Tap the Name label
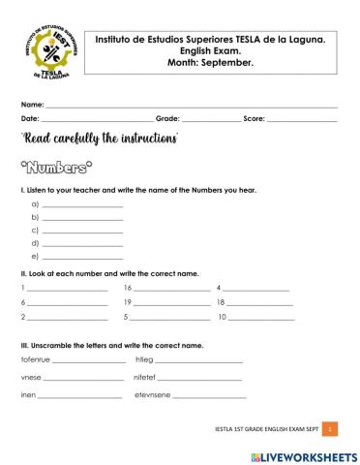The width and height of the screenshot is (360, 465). [32, 104]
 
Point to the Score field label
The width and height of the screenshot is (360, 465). [254, 118]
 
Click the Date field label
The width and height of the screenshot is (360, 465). [30, 118]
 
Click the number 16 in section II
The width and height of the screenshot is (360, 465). [128, 288]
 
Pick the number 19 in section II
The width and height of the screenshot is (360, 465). [128, 302]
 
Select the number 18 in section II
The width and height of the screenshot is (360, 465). [222, 302]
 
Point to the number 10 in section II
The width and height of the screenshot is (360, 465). [222, 317]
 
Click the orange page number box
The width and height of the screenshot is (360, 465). [330, 427]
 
